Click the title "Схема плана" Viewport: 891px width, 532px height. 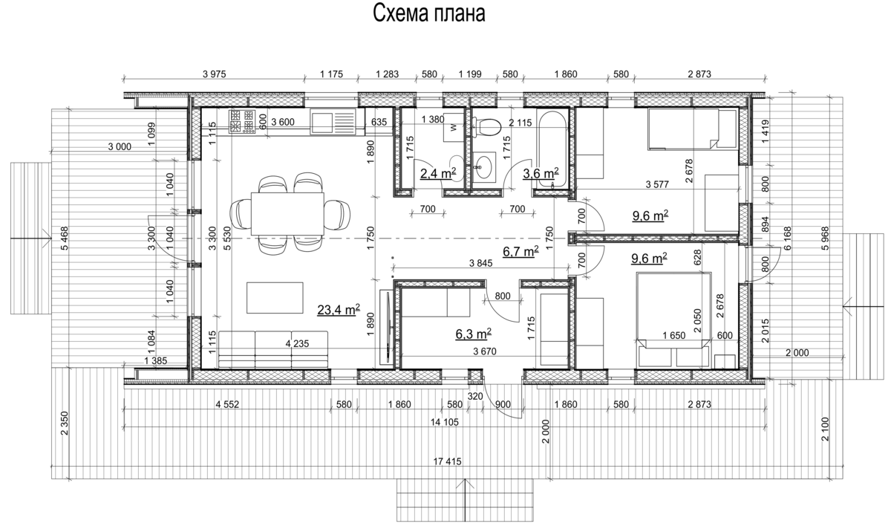pyautogui.click(x=429, y=13)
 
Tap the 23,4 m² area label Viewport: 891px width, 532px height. pyautogui.click(x=339, y=309)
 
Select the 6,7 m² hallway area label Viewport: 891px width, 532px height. pyautogui.click(x=520, y=251)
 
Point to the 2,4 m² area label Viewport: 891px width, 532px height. pyautogui.click(x=438, y=173)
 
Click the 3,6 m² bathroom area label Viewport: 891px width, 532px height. pyautogui.click(x=541, y=173)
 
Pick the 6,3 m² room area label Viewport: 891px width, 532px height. pyautogui.click(x=474, y=334)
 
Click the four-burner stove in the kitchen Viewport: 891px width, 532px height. pyautogui.click(x=242, y=121)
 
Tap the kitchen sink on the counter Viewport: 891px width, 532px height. pyautogui.click(x=333, y=122)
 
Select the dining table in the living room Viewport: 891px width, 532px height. pyautogui.click(x=287, y=214)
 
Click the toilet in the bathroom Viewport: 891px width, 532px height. pyautogui.click(x=487, y=127)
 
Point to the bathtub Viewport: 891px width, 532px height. pyautogui.click(x=552, y=148)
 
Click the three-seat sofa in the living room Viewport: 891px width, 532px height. pyautogui.click(x=273, y=349)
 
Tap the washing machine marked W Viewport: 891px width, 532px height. pyautogui.click(x=454, y=127)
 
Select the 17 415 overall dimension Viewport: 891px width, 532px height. pyautogui.click(x=448, y=461)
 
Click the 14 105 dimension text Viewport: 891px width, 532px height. pyautogui.click(x=444, y=422)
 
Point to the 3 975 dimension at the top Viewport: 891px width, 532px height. pyautogui.click(x=214, y=74)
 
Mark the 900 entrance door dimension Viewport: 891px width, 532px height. pyautogui.click(x=503, y=404)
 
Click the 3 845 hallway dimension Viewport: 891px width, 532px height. pyautogui.click(x=481, y=263)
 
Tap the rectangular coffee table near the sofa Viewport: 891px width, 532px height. pyautogui.click(x=275, y=298)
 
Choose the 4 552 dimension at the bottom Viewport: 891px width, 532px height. pyautogui.click(x=227, y=405)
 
